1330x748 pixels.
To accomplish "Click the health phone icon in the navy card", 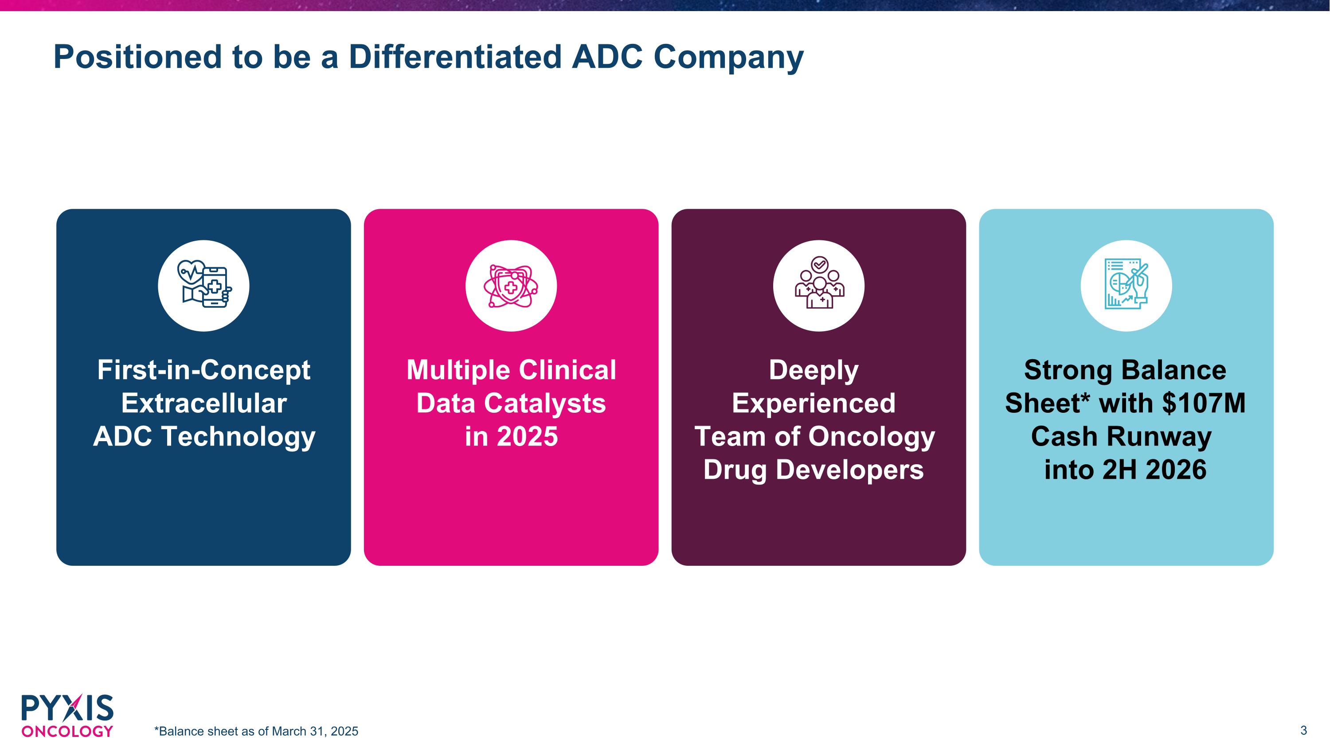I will coord(203,286).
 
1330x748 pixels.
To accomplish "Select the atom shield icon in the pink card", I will coord(511,286).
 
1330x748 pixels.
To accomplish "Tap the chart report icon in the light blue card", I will coord(1126,286).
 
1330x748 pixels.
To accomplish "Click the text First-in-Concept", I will coord(203,370).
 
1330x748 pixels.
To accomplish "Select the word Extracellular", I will coord(203,403).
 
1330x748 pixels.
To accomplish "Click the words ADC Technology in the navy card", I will coord(203,437).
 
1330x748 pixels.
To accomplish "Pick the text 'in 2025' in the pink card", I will coord(511,437).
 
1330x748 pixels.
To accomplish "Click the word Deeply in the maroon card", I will coord(814,370).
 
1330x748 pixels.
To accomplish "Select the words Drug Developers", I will coord(814,470).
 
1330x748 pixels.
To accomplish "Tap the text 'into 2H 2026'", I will coord(1126,470).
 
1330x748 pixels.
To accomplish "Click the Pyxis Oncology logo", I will coord(67,715).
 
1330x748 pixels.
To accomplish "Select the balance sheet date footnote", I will coord(256,732).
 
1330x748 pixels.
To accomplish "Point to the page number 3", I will coord(1303,730).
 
